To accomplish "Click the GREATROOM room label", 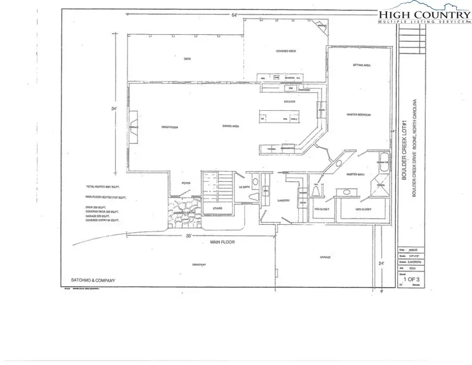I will pyautogui.click(x=167, y=127).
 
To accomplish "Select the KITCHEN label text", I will pyautogui.click(x=290, y=101).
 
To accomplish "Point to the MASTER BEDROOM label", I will pyautogui.click(x=359, y=114).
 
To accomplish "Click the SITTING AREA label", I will pyautogui.click(x=362, y=66).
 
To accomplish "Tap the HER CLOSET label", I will pyautogui.click(x=363, y=208).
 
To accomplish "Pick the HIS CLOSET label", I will pyautogui.click(x=320, y=208).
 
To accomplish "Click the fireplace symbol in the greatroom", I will pyautogui.click(x=134, y=127).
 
